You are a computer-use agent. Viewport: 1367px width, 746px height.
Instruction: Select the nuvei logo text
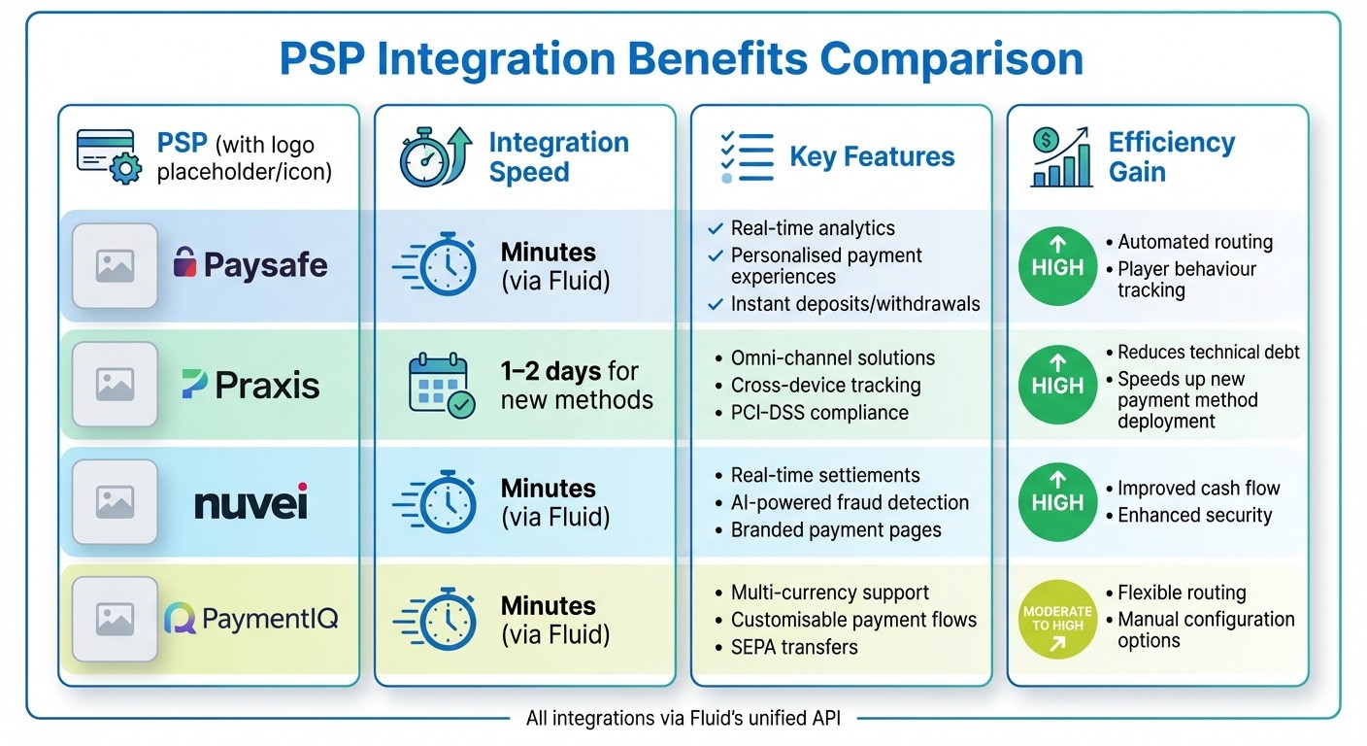pos(250,503)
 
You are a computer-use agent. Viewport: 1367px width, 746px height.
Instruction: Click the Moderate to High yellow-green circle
pos(1057,619)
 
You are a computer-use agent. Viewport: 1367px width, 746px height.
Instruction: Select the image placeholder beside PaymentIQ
pos(115,619)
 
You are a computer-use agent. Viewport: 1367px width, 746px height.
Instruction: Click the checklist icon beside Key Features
pos(747,157)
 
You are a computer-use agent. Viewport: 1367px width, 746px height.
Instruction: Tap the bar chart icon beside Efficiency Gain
pos(1061,157)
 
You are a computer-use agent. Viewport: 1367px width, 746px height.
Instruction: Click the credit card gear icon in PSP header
pos(109,157)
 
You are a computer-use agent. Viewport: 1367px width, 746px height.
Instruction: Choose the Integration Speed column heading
pos(558,157)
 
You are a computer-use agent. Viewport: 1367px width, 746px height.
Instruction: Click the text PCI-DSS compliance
pos(818,413)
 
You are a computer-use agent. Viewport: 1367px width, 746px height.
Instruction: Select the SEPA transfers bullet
pos(794,647)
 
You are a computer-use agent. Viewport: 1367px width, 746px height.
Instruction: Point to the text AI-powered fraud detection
pos(849,502)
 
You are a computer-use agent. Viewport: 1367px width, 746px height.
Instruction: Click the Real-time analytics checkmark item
pos(812,228)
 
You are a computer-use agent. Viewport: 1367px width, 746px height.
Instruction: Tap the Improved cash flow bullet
pos(1197,489)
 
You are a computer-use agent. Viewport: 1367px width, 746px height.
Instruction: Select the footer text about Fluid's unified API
pos(683,719)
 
